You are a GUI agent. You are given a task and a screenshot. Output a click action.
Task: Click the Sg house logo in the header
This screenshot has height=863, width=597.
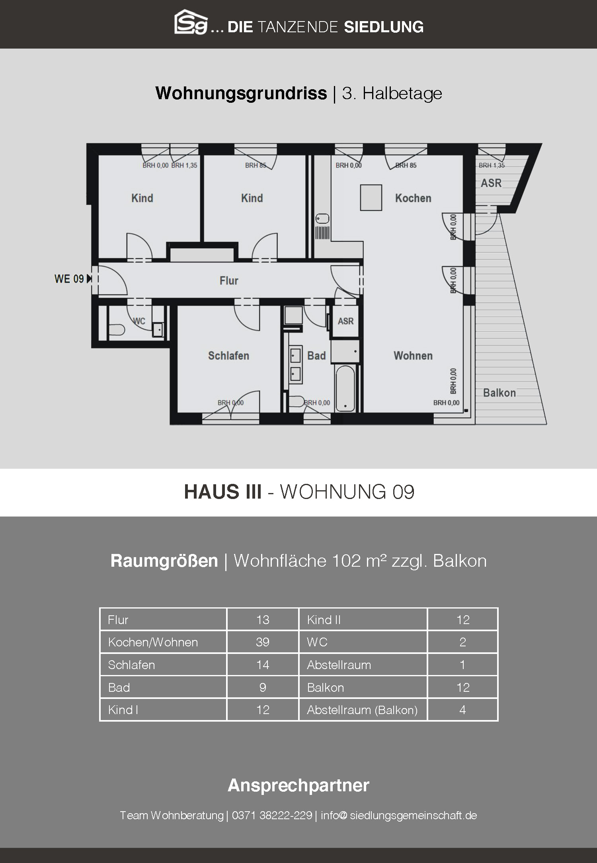point(191,22)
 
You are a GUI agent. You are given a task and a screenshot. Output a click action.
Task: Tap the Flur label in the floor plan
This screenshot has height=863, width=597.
point(229,281)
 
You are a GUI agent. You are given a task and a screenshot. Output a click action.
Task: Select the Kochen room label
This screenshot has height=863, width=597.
point(413,198)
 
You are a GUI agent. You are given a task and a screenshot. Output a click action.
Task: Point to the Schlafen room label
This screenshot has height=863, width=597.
point(228,356)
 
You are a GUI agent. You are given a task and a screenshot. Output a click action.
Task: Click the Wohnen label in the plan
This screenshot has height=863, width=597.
point(413,356)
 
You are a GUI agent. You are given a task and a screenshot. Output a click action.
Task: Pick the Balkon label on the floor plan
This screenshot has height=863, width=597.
point(499,393)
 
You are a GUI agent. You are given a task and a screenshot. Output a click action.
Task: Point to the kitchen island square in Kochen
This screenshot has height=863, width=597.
point(371,198)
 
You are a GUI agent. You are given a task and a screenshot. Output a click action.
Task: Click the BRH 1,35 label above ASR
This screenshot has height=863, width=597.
point(492,165)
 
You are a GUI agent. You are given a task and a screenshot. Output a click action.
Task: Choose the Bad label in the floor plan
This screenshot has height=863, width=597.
point(316,356)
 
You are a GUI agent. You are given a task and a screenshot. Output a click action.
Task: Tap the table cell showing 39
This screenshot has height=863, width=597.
point(263,642)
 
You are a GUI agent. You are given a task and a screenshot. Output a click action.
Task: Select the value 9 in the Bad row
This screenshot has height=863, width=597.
point(263,687)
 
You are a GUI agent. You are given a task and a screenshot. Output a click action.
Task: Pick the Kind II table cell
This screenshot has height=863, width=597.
point(363,619)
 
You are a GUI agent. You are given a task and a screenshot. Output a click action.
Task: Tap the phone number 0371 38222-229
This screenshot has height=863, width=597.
point(272,815)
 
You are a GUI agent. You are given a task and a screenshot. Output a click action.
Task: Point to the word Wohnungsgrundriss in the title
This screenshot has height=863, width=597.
point(241,94)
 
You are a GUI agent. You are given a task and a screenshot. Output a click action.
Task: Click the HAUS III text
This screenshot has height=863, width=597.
point(223,492)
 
